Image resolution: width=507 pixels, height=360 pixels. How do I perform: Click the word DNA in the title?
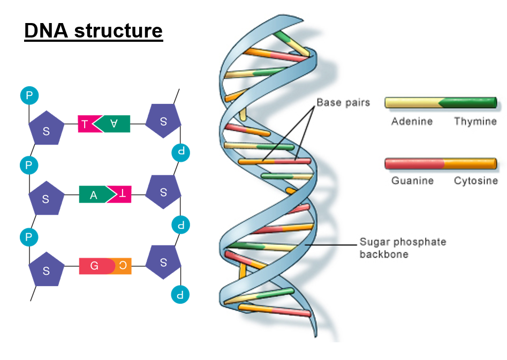click(47, 31)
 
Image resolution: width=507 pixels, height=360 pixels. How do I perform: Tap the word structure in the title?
click(118, 31)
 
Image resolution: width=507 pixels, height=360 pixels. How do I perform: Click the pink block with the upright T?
click(86, 124)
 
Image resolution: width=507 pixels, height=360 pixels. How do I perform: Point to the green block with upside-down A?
click(113, 124)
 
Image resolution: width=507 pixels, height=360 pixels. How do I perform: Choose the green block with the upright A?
click(94, 194)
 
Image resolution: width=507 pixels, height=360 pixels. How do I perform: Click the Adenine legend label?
click(412, 122)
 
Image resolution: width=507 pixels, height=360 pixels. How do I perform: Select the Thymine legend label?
click(475, 122)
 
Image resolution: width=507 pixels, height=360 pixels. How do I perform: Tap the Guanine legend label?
click(412, 181)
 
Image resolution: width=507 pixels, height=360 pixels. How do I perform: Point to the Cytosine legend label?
click(475, 181)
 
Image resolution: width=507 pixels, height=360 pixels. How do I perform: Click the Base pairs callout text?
click(343, 102)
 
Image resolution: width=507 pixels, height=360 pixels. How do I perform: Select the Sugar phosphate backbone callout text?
click(402, 248)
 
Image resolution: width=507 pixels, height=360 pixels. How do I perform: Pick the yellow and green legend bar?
click(441, 103)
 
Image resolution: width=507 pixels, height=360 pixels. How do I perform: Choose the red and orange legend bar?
click(441, 163)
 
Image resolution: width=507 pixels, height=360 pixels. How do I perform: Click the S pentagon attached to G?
click(46, 270)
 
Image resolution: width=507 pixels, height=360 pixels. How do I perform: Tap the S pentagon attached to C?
click(163, 262)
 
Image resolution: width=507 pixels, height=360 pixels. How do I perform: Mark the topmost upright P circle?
click(29, 96)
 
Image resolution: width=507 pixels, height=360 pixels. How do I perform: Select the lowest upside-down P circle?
click(180, 294)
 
